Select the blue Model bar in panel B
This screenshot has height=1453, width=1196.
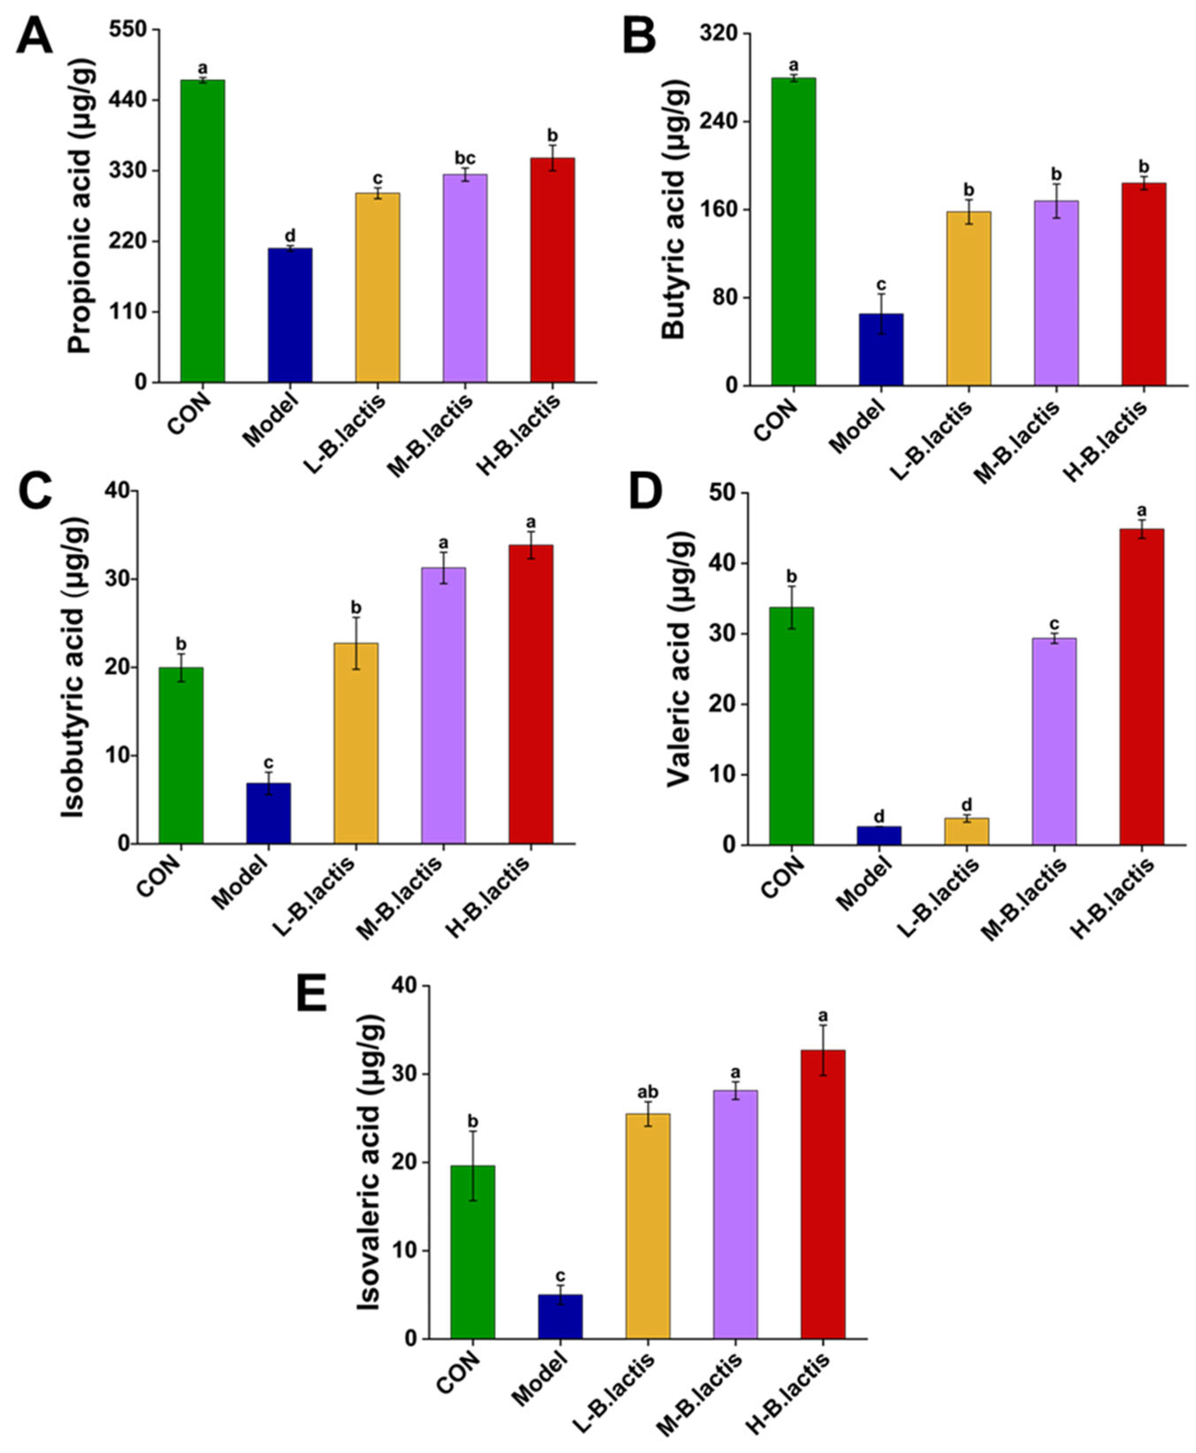[x=881, y=349]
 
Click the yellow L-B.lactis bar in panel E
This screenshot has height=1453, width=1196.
[x=647, y=1226]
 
